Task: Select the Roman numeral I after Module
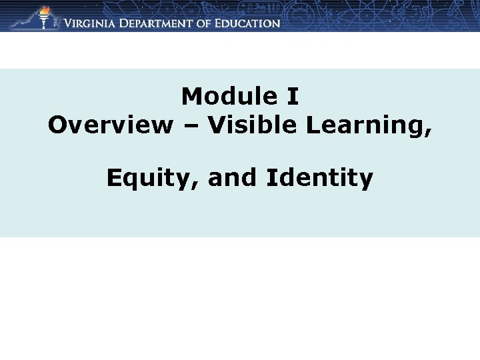click(x=292, y=97)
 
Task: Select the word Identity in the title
click(x=319, y=179)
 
